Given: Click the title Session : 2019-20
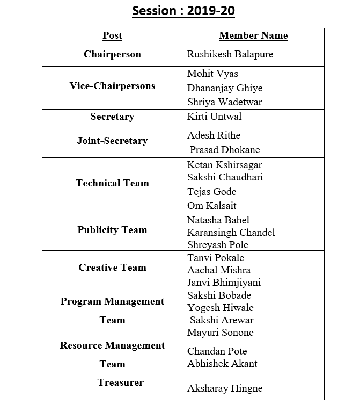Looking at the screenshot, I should pos(183,11).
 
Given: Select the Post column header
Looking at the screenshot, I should pos(112,36).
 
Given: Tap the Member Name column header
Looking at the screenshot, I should pos(253,36).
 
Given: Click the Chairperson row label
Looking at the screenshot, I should pos(112,54).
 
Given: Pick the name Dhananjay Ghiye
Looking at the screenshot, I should pos(225,88).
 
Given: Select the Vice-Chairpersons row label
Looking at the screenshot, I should pos(112,86).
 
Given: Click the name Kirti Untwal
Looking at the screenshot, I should pos(214,117).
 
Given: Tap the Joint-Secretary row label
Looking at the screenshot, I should pos(112,141).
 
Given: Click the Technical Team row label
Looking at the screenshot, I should pos(112,183).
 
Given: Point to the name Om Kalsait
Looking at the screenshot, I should pos(211,206).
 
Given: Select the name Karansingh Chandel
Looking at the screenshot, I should pos(231,233).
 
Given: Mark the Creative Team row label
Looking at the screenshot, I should pos(112,268).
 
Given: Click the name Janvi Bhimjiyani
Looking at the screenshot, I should pos(224,283).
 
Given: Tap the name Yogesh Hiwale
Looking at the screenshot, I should pos(220,308).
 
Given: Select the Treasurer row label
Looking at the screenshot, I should pos(121,382).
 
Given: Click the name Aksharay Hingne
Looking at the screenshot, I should pos(225,388).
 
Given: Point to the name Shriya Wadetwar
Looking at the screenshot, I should pos(225,102).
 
